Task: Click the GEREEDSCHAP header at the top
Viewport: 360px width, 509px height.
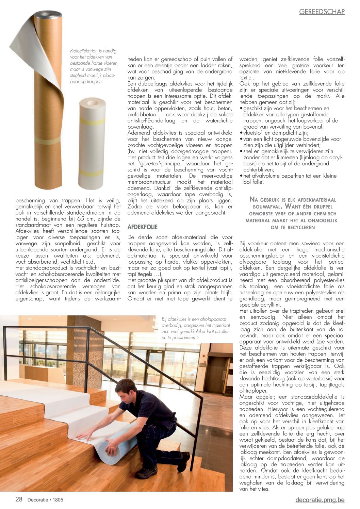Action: (322, 12)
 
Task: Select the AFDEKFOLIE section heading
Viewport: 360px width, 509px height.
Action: (143, 227)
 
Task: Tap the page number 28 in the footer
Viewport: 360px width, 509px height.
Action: (19, 499)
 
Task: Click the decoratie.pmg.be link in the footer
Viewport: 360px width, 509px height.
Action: (320, 500)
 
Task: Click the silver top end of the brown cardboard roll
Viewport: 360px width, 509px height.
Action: (49, 15)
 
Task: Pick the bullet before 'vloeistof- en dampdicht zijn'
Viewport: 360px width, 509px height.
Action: (241, 133)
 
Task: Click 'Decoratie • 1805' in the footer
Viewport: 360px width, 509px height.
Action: (45, 500)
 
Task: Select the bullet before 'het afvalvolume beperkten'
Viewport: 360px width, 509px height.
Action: (241, 176)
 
